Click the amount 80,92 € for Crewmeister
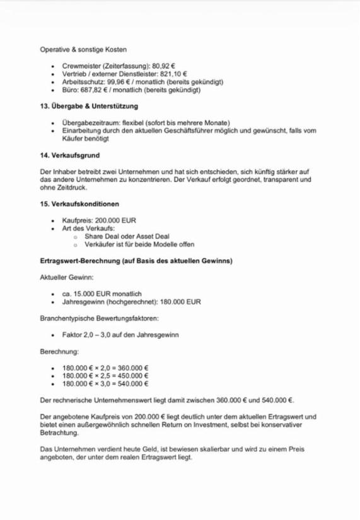(162, 65)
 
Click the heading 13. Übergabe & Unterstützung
(88, 106)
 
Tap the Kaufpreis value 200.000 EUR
(118, 220)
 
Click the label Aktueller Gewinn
(66, 277)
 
